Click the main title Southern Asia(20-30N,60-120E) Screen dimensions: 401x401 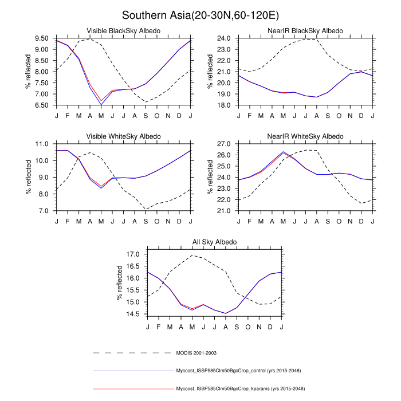(200, 14)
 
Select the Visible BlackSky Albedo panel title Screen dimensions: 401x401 (123, 30)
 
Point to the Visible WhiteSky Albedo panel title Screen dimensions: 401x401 (123, 136)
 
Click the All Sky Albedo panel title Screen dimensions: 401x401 (214, 242)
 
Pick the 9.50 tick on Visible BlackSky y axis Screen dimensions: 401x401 (44, 38)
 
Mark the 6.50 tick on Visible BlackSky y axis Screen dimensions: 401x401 (44, 105)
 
